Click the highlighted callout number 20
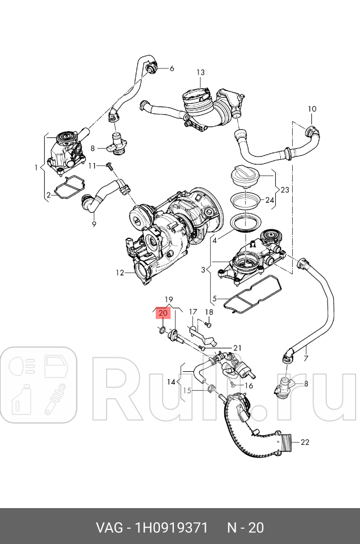(x=163, y=313)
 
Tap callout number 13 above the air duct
(x=201, y=72)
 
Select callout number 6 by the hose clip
(x=172, y=68)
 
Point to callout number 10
(x=312, y=109)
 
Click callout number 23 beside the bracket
(x=284, y=190)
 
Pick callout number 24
(x=269, y=200)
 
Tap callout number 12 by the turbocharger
(x=119, y=273)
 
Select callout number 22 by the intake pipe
(x=304, y=442)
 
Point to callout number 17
(x=192, y=312)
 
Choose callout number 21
(x=237, y=348)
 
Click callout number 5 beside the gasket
(x=214, y=298)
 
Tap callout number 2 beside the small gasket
(x=49, y=195)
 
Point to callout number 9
(x=94, y=224)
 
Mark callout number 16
(x=249, y=386)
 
